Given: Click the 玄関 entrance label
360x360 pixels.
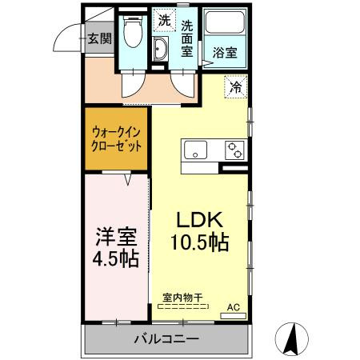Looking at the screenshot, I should pyautogui.click(x=100, y=38).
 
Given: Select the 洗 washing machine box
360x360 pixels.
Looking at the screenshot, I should pyautogui.click(x=163, y=19).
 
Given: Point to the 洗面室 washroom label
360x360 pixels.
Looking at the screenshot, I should pyautogui.click(x=188, y=38).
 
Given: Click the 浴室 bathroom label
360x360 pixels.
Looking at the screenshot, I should pyautogui.click(x=224, y=54).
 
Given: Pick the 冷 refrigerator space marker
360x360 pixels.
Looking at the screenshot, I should pyautogui.click(x=237, y=86).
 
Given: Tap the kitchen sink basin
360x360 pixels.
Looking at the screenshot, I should pyautogui.click(x=196, y=149).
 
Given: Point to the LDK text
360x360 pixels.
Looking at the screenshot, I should pyautogui.click(x=198, y=219).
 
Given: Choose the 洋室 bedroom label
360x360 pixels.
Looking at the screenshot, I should pyautogui.click(x=117, y=238).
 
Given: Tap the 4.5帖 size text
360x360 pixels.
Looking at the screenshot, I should pyautogui.click(x=117, y=261).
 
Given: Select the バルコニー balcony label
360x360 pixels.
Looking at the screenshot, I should pyautogui.click(x=166, y=339).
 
